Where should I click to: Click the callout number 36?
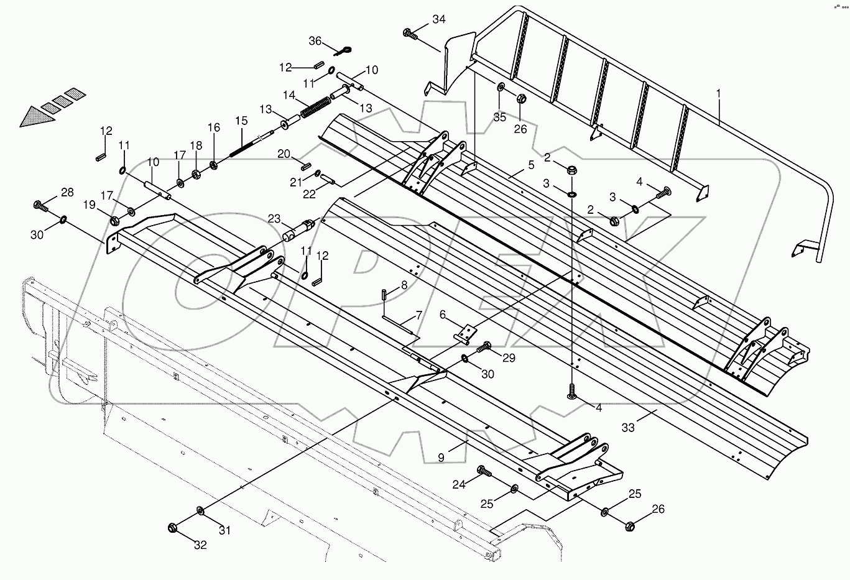[x=315, y=41]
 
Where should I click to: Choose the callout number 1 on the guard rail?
[x=718, y=94]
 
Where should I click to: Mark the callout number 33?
[x=628, y=428]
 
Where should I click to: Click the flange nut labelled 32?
[x=173, y=528]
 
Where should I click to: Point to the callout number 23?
[x=275, y=219]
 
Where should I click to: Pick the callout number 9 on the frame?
[x=441, y=458]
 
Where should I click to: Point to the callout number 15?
[x=241, y=121]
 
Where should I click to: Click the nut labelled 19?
[x=115, y=221]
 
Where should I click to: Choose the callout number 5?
[x=530, y=165]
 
